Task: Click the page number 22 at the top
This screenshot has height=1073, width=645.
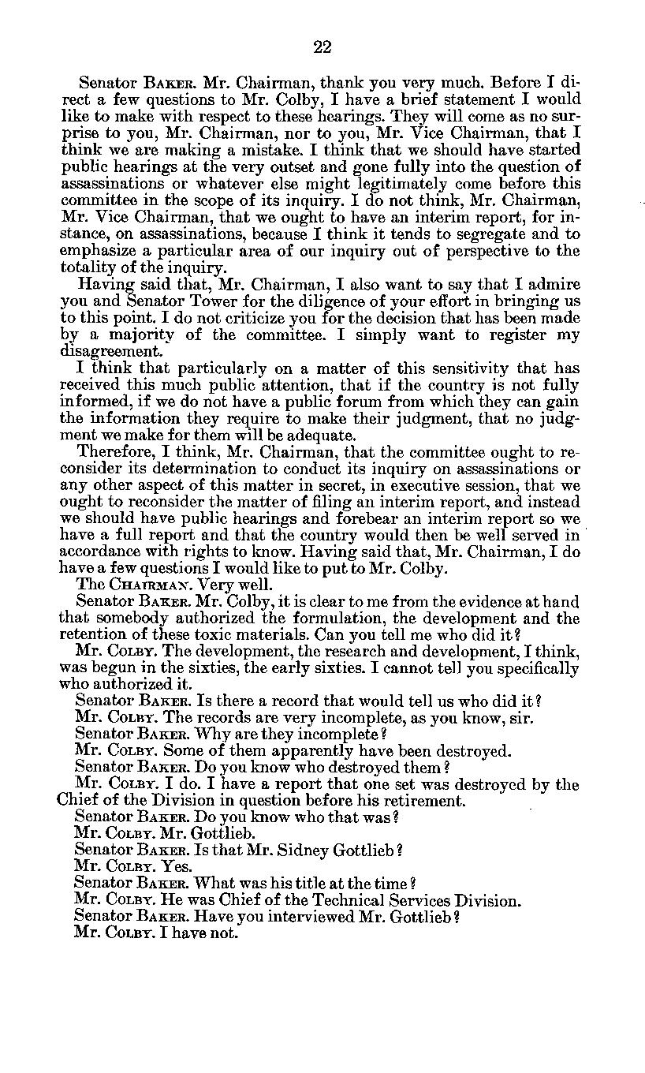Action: click(322, 47)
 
